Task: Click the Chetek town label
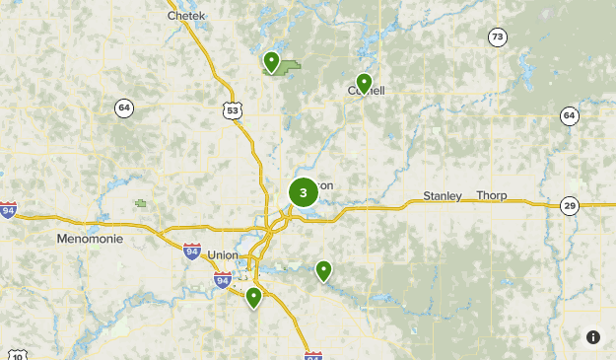[186, 16]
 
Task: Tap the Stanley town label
[443, 196]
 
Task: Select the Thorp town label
[492, 196]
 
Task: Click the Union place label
[223, 255]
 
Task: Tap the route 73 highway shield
[498, 37]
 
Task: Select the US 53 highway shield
[232, 110]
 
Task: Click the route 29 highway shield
[570, 206]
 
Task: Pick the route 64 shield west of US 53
[123, 108]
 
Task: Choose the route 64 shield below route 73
[569, 116]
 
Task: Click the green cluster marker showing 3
[303, 192]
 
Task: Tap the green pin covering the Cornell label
[364, 83]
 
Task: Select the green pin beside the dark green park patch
[271, 62]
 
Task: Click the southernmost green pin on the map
[253, 297]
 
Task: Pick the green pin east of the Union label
[323, 270]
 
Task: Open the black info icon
[592, 337]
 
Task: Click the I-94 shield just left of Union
[192, 251]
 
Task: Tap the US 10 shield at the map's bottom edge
[18, 355]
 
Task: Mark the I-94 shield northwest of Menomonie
[8, 210]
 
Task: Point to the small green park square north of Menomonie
[141, 203]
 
